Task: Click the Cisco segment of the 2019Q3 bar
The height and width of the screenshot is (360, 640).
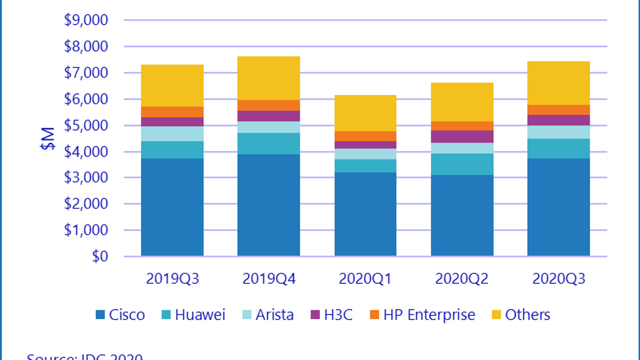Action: click(x=172, y=207)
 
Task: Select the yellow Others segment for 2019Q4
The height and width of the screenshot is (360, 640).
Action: click(x=268, y=78)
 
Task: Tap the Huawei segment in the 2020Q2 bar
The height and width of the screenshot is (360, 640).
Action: click(x=462, y=164)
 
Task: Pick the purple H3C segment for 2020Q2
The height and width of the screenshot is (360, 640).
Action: click(x=462, y=136)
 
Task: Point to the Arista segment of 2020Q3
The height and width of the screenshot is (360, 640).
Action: click(x=558, y=132)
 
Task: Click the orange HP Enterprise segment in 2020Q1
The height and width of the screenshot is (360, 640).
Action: click(x=365, y=136)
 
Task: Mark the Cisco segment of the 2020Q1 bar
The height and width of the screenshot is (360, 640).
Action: click(x=365, y=214)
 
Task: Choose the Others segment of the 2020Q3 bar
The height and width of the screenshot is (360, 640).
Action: click(x=558, y=83)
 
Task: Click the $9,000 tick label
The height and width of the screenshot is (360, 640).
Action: click(x=86, y=20)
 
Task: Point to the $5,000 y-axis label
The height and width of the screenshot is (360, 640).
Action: click(x=86, y=125)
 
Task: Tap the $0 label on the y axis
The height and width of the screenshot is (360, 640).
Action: click(x=100, y=256)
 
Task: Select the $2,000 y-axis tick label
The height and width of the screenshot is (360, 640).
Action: click(x=86, y=204)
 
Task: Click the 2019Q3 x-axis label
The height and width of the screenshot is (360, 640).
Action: click(x=172, y=279)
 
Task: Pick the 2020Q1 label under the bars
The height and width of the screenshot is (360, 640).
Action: click(x=365, y=279)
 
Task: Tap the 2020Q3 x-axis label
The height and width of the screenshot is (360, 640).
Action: click(x=558, y=279)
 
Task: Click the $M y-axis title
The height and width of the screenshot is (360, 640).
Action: click(x=48, y=138)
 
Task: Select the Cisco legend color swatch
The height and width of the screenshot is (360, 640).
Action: click(x=100, y=315)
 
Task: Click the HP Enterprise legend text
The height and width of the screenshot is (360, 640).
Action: click(x=429, y=315)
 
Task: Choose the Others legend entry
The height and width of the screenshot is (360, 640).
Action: click(x=527, y=315)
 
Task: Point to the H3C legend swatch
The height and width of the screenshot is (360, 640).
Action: click(x=315, y=315)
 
